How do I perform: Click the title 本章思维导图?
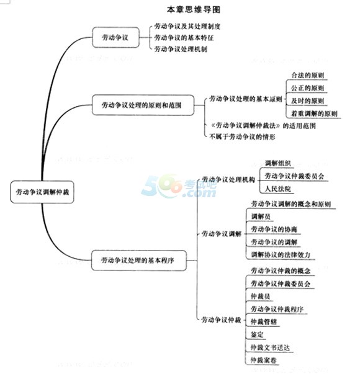194,9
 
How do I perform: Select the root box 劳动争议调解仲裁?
42,192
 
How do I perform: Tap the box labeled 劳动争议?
116,37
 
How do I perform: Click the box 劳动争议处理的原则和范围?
143,105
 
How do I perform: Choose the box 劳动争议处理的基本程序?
138,260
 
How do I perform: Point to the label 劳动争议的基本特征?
184,38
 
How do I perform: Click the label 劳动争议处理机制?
181,49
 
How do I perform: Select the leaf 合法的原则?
307,76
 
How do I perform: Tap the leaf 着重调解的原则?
314,114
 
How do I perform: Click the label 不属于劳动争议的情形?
242,136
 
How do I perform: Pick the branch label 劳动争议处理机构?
228,179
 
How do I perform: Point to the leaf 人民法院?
278,189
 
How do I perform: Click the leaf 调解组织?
278,163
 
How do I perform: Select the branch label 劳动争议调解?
222,234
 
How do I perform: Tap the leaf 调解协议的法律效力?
281,255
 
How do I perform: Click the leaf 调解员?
261,216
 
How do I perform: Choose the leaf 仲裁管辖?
264,322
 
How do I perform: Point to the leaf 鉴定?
257,335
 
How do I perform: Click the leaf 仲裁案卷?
264,360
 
